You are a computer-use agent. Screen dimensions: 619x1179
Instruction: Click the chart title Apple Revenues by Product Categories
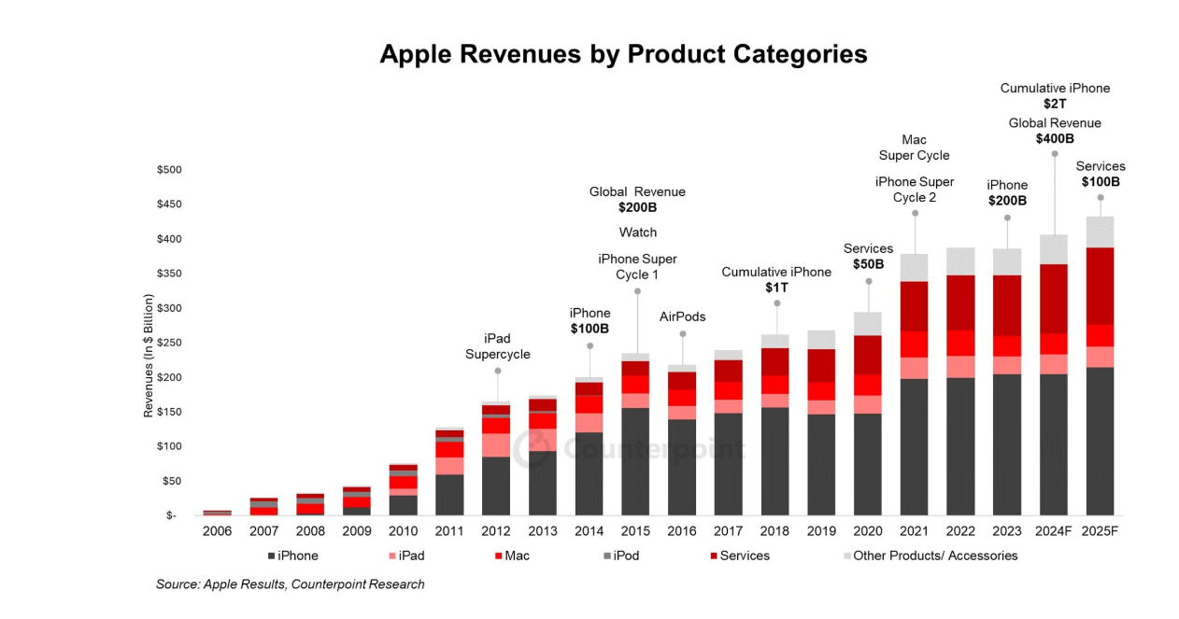[623, 54]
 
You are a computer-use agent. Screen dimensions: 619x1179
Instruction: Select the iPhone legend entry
[292, 556]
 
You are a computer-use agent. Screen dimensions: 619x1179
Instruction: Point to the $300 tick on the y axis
[169, 308]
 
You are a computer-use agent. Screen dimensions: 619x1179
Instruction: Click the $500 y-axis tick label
[169, 170]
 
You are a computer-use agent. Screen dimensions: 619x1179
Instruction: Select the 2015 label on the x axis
[636, 531]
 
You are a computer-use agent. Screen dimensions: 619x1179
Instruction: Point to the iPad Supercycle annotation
[497, 346]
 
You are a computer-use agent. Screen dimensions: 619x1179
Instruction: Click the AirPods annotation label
[682, 317]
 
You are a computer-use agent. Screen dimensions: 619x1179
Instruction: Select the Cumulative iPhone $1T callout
[775, 279]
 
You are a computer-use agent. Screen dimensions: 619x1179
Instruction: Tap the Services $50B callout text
[868, 257]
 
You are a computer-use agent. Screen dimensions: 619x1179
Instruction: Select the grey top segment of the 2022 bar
[961, 261]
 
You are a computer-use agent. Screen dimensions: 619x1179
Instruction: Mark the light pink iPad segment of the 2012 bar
[497, 444]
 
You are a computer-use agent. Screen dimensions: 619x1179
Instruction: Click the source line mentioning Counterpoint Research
[290, 584]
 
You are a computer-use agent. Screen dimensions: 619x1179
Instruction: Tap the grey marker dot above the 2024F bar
[1055, 154]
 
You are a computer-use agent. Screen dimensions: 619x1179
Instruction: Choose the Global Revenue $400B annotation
[1055, 131]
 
